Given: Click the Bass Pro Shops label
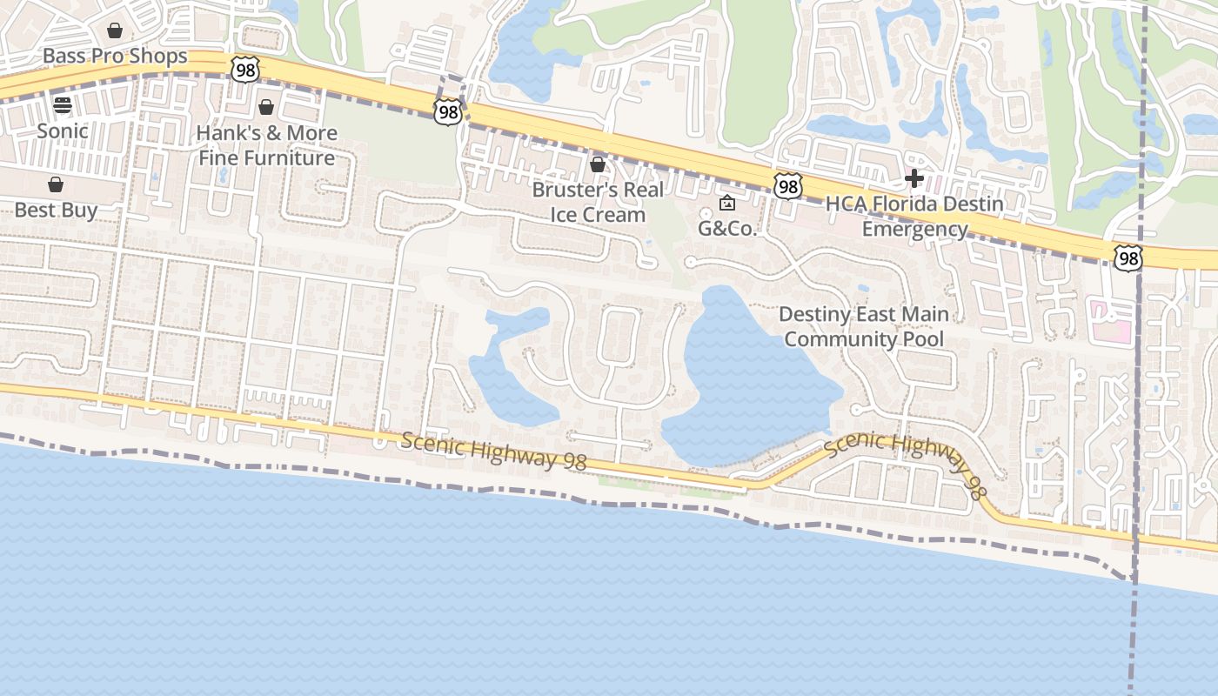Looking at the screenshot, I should coord(115,57).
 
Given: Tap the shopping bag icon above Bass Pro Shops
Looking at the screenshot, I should coord(115,31).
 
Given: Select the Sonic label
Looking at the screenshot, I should coord(63,131).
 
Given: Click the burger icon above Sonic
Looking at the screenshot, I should coord(63,105).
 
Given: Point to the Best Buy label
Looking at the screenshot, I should coord(56,211).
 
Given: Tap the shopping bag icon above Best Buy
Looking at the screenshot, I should coord(56,184).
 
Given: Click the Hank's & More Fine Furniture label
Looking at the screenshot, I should coord(266,145).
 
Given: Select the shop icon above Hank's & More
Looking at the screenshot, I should coord(266,107).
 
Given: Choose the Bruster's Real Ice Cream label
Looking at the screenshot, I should coord(598,202).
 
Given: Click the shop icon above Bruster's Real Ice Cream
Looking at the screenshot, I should coord(598,164).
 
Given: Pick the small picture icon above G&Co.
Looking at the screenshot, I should coord(727,204).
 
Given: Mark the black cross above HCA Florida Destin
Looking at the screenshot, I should coord(913,178).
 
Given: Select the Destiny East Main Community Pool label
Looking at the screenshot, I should coord(864,326).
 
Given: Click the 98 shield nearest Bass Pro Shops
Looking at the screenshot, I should coord(245,70).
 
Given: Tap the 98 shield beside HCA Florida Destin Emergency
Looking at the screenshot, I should coord(787,186).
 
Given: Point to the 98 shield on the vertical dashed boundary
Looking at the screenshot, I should coord(1128,258).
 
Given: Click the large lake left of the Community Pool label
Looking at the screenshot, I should coord(748,383).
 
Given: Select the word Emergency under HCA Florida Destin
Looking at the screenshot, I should coord(914,229).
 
